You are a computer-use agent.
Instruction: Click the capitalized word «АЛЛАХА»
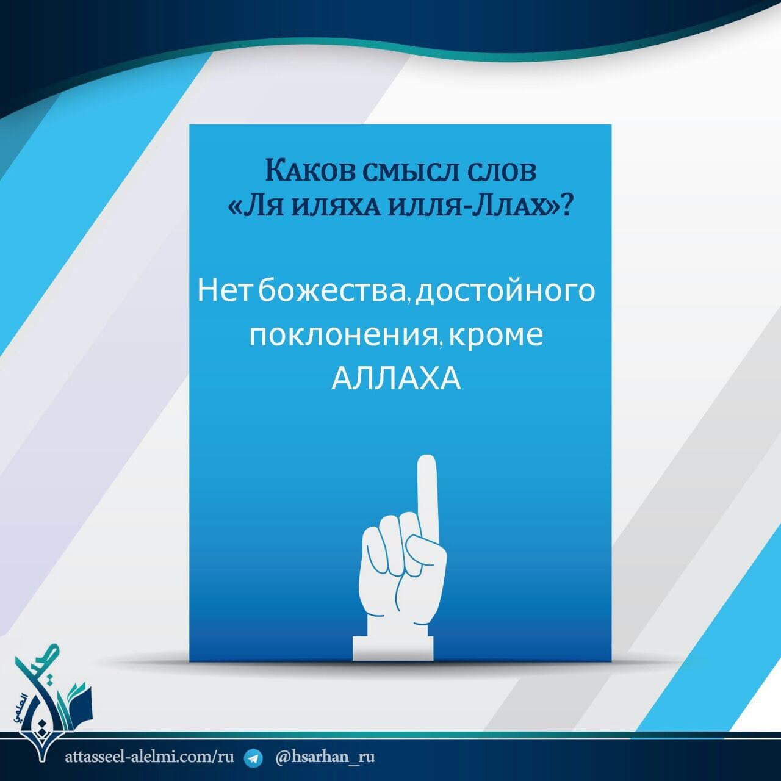(x=396, y=379)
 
